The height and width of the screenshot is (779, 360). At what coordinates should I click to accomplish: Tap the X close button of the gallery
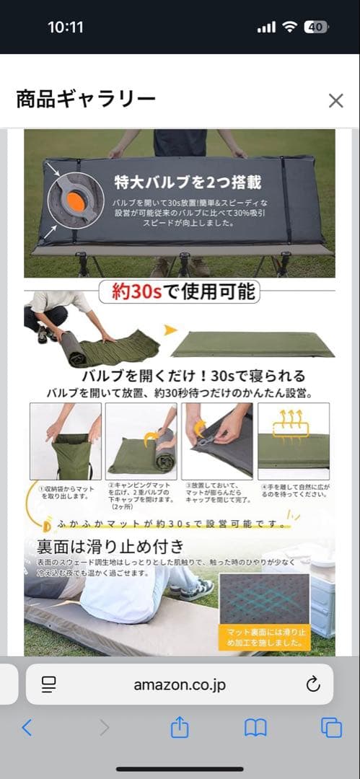pyautogui.click(x=335, y=100)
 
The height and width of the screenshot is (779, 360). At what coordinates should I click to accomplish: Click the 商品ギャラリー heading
pyautogui.click(x=86, y=100)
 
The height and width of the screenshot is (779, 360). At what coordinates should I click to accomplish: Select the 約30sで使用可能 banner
pyautogui.click(x=180, y=291)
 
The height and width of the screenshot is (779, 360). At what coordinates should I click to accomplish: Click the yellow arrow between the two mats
pyautogui.click(x=170, y=330)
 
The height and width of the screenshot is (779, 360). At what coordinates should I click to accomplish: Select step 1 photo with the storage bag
pyautogui.click(x=65, y=441)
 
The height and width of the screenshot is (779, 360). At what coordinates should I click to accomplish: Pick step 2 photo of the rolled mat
pyautogui.click(x=141, y=441)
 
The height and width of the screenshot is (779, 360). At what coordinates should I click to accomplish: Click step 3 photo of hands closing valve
pyautogui.click(x=216, y=441)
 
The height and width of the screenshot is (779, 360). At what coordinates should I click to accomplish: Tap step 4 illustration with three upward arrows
pyautogui.click(x=293, y=441)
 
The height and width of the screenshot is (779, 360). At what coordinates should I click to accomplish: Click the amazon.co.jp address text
pyautogui.click(x=180, y=685)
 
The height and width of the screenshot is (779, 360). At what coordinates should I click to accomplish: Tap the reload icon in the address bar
pyautogui.click(x=313, y=685)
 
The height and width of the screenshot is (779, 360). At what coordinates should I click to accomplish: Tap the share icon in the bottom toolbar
pyautogui.click(x=180, y=728)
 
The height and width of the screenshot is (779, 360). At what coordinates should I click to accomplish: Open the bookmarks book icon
pyautogui.click(x=255, y=728)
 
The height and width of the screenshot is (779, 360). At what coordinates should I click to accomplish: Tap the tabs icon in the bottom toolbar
pyautogui.click(x=331, y=728)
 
